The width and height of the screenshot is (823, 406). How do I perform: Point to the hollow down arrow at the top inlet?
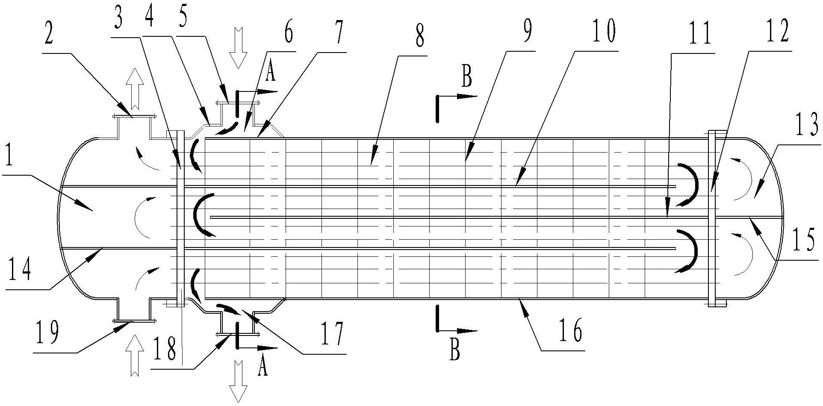pyautogui.click(x=238, y=47)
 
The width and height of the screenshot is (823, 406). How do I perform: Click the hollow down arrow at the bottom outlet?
pyautogui.click(x=238, y=382)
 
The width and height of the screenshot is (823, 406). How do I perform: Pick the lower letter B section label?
pyautogui.click(x=455, y=351)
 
